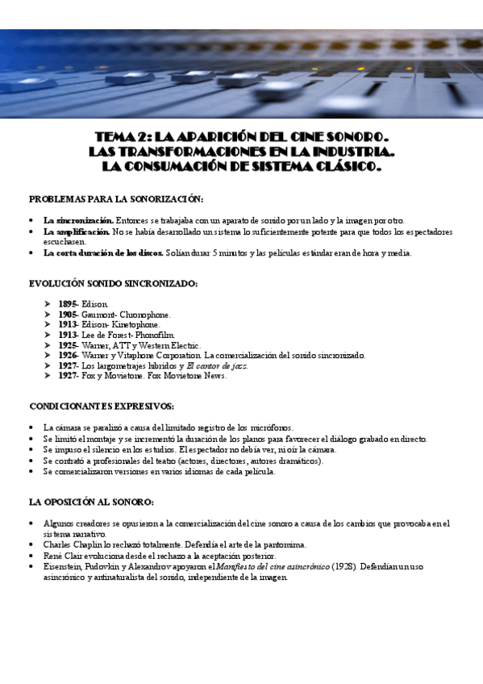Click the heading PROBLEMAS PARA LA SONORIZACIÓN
point(116,199)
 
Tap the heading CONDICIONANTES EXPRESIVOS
point(102,406)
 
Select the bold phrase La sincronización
point(78,220)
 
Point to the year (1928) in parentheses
point(343,567)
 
